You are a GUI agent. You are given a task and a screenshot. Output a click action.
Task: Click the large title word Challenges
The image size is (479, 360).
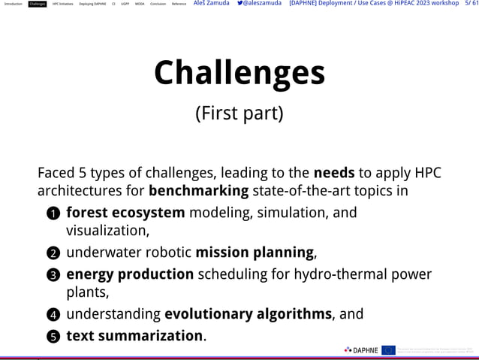pos(239,73)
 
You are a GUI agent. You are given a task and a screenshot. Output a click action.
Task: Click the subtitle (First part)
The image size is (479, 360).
pos(239,113)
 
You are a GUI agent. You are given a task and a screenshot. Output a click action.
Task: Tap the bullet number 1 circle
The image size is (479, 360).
pos(53,214)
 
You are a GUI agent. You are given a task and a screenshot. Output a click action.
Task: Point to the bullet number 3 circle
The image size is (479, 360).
pos(53,275)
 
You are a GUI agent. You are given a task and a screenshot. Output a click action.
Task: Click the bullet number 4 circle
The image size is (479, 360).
pos(53,315)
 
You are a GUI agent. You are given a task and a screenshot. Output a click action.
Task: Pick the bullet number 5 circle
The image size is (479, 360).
pos(53,337)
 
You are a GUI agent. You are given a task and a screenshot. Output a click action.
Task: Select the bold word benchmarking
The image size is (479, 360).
pos(198,191)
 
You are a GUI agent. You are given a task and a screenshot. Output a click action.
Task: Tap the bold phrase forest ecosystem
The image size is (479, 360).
pos(125,213)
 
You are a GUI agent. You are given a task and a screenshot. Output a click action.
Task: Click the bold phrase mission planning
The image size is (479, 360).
pos(255,252)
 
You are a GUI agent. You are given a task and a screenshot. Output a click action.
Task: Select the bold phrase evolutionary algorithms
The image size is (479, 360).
pos(248,313)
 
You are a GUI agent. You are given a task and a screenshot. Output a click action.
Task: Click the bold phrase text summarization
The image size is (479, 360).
pos(134,335)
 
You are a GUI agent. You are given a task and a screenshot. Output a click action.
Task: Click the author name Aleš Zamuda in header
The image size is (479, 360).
pos(211,4)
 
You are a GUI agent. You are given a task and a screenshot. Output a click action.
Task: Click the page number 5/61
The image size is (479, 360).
pos(471,4)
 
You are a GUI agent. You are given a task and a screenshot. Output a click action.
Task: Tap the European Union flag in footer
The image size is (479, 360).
pos(388,349)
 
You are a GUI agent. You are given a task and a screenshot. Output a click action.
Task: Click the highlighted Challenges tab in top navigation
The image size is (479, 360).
pos(38,4)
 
